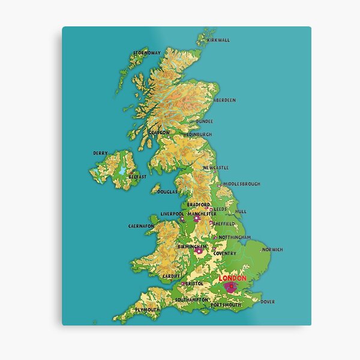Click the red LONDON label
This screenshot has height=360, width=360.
[232, 278]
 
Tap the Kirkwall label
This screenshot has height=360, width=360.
[218, 40]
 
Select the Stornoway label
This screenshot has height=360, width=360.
[147, 53]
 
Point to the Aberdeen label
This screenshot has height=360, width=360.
[224, 100]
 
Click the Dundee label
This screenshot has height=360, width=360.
[205, 121]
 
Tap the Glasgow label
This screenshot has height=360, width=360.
[159, 132]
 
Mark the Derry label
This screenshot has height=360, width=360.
[100, 153]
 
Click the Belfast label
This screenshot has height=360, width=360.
[137, 178]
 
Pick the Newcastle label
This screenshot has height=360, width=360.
[215, 168]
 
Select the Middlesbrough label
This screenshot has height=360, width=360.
[241, 184]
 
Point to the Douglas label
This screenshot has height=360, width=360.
[167, 192]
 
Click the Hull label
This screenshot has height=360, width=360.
[241, 211]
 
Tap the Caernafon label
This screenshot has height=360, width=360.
[141, 226]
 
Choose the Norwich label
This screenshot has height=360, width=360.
[272, 250]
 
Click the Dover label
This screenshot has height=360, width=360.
[268, 302]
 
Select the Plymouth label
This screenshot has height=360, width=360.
[147, 310]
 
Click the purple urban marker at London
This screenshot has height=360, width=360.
[230, 288]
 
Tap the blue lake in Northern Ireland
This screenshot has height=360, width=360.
[122, 171]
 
